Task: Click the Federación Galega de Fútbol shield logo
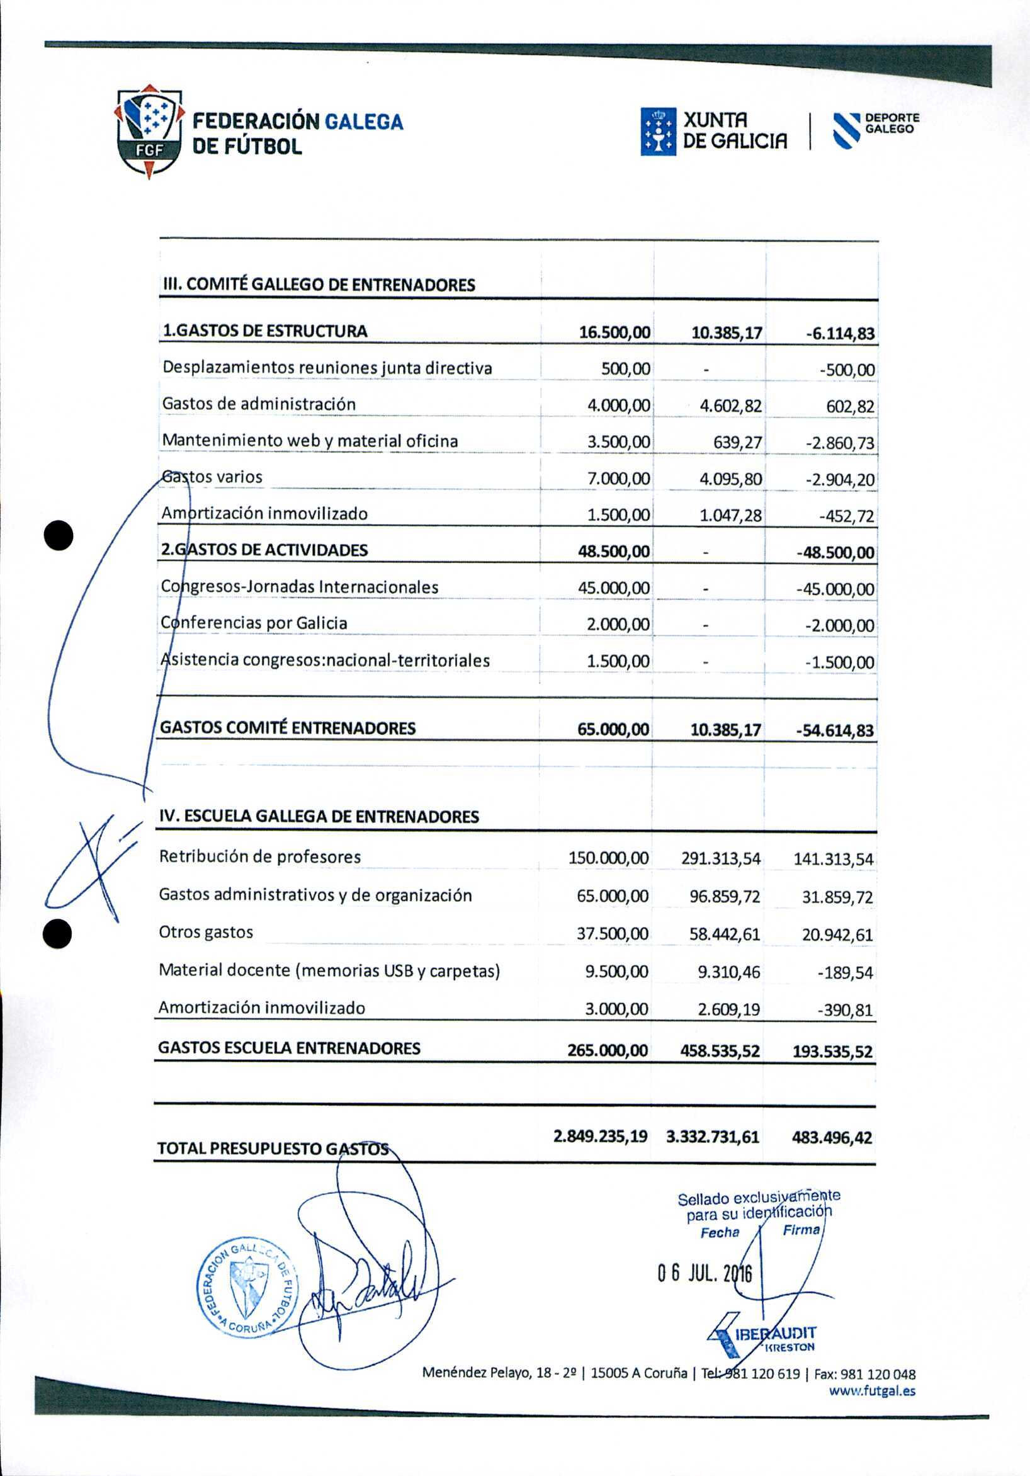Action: coord(149,132)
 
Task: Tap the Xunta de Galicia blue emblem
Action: coord(658,131)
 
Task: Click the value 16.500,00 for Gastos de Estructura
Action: coord(614,332)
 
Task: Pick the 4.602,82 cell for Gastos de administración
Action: coord(730,406)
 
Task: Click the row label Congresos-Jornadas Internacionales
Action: coord(300,587)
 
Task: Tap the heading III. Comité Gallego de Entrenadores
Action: coord(317,285)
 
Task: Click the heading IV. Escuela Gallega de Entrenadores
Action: coord(319,817)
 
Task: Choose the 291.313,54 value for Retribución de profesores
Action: coord(721,858)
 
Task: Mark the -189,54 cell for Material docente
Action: coord(845,973)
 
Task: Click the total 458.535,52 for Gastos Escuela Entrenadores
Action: coord(720,1051)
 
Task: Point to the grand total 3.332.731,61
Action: coord(713,1137)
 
